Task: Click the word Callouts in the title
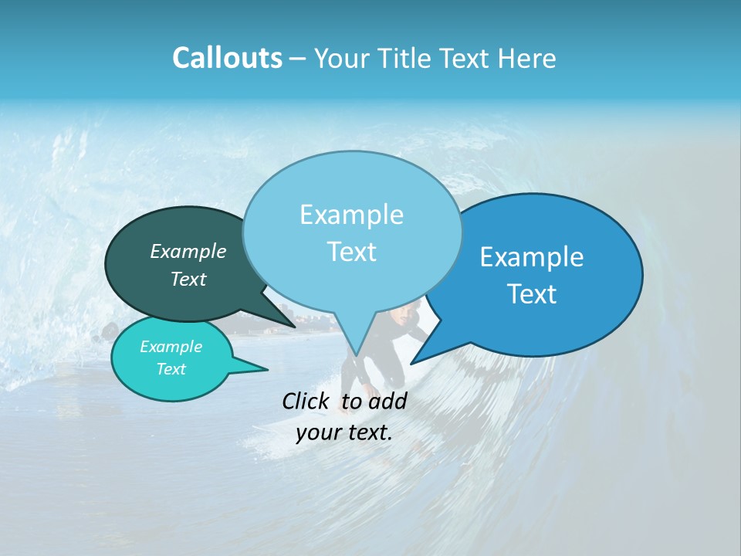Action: pyautogui.click(x=227, y=58)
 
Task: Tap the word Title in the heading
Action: pyautogui.click(x=409, y=59)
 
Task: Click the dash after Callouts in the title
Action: pyautogui.click(x=298, y=59)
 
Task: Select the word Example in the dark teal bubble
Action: pyautogui.click(x=188, y=251)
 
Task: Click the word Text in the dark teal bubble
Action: pyautogui.click(x=188, y=279)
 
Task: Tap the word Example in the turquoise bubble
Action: pyautogui.click(x=171, y=347)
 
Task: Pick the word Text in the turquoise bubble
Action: pyautogui.click(x=171, y=369)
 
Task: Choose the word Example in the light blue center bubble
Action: pyautogui.click(x=351, y=215)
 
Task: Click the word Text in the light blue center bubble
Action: pyautogui.click(x=351, y=252)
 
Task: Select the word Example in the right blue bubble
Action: pyautogui.click(x=532, y=257)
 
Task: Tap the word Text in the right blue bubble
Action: pyautogui.click(x=532, y=294)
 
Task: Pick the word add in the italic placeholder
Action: pyautogui.click(x=388, y=401)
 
